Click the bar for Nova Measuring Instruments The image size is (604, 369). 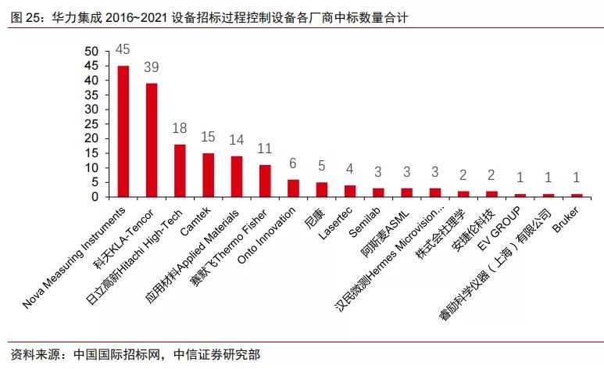pos(123,131)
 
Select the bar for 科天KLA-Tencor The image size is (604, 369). pos(152,140)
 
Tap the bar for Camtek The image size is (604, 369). pos(208,175)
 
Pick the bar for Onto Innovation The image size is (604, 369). pos(293,188)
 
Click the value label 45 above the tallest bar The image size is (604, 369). pos(123,49)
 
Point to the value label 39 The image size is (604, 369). pos(152,66)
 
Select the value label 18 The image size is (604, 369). pos(180,127)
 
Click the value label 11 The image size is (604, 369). pos(265,148)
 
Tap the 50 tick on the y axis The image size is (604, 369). pos(92,52)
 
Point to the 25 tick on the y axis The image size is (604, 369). pos(92,124)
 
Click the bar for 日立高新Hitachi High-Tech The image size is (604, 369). pos(180,170)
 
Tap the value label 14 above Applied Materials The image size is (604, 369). pos(237,139)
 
